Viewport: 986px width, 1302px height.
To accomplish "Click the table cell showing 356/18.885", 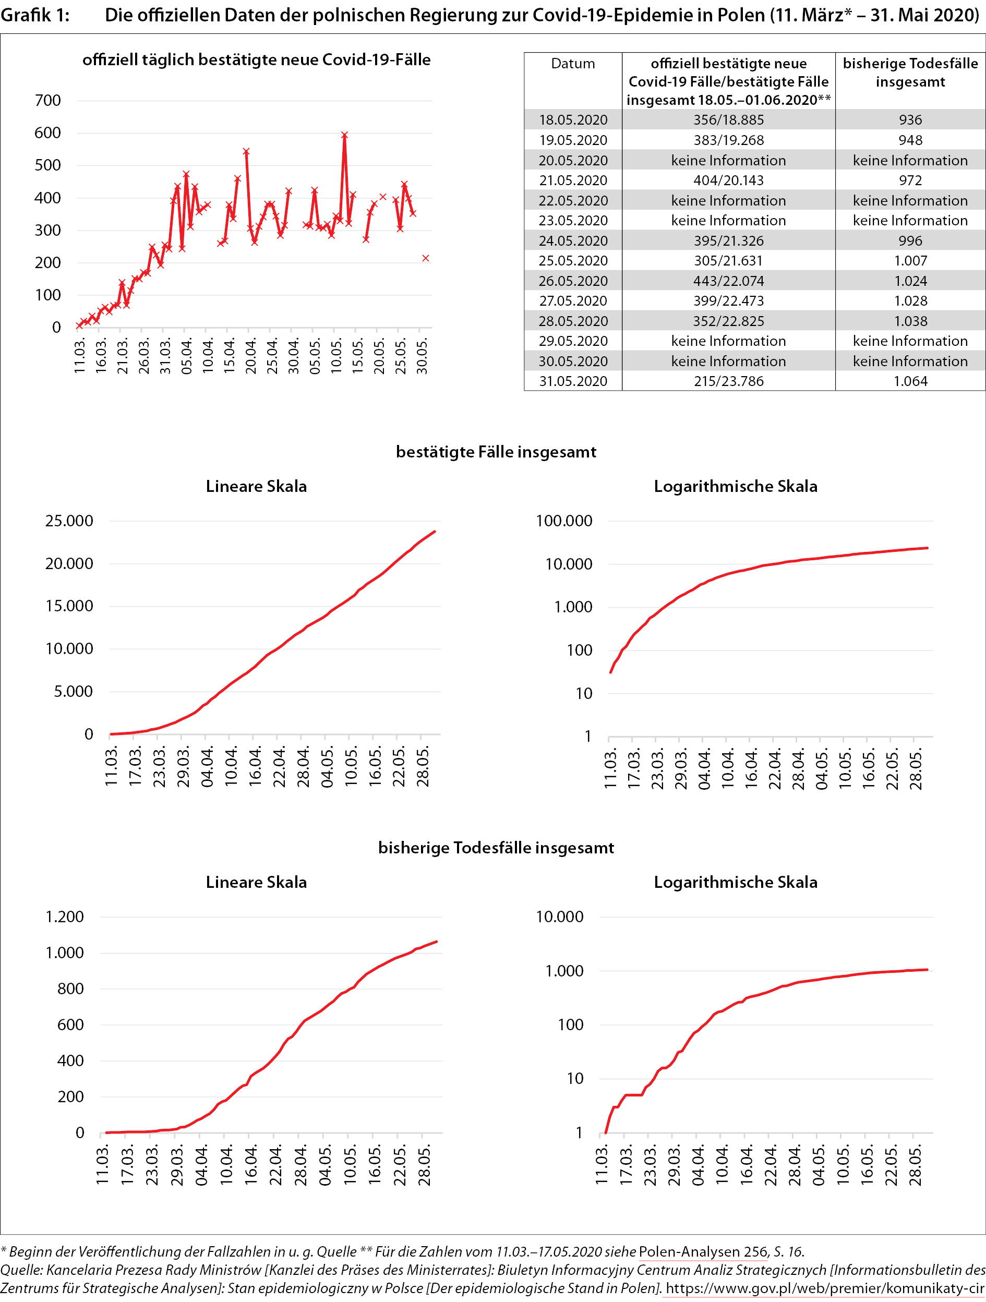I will click(x=728, y=120).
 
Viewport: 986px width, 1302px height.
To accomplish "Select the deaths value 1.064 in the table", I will click(x=910, y=381).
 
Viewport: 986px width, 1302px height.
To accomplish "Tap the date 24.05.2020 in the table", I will click(x=573, y=241).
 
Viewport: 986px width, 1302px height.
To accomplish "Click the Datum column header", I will click(x=573, y=64).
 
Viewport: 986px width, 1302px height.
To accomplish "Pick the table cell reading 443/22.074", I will click(x=728, y=281).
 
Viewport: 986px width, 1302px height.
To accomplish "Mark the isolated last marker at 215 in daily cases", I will click(x=426, y=258).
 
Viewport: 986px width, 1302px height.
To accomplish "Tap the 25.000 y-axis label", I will click(x=69, y=521).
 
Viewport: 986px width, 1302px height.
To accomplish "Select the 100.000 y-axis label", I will click(x=564, y=521).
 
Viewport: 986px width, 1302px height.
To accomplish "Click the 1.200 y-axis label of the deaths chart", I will click(x=65, y=917).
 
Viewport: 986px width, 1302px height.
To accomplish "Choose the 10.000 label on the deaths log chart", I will click(x=559, y=917).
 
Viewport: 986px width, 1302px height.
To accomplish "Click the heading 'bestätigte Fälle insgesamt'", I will click(x=496, y=452).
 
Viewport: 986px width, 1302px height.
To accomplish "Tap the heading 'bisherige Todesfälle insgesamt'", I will click(x=496, y=848).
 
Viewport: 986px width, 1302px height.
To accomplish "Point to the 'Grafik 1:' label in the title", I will click(x=35, y=15).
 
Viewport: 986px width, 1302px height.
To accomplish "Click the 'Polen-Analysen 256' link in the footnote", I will click(x=703, y=1252).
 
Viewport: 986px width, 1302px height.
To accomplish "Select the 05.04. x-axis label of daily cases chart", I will click(x=187, y=356).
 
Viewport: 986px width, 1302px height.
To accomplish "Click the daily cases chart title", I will click(x=256, y=60).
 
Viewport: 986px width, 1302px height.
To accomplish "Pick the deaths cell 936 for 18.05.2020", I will click(x=910, y=120).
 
